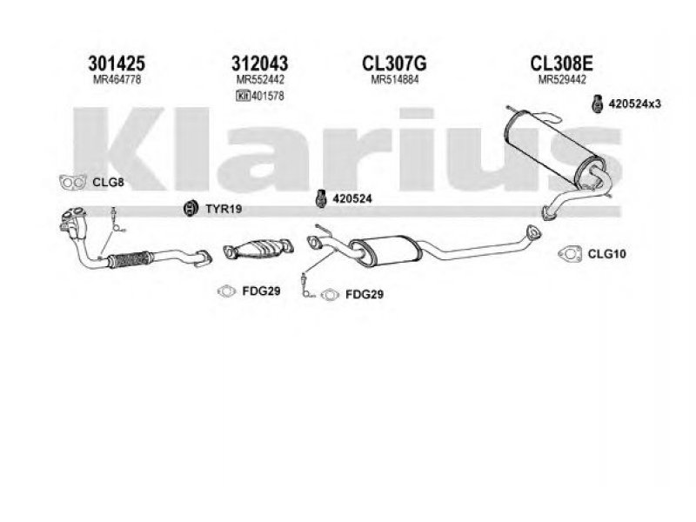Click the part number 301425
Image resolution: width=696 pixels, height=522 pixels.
117,64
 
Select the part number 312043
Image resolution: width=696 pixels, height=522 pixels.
259,64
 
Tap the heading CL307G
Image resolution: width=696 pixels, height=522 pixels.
394,64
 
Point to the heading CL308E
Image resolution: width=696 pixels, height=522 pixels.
561,64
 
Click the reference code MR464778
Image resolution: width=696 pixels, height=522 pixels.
117,80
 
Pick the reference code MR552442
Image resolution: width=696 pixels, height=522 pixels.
260,80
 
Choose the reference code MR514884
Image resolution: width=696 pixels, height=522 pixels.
395,80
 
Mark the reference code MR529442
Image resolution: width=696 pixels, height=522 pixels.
562,80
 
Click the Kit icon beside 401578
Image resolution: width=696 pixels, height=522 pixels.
244,96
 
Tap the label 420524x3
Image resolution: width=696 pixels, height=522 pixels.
635,104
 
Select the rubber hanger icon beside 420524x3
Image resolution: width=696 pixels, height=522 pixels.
598,104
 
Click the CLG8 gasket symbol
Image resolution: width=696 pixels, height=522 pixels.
73,182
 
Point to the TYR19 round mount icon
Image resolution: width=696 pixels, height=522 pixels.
191,208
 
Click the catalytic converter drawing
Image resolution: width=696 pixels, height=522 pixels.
258,250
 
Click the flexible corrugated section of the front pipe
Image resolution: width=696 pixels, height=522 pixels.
129,259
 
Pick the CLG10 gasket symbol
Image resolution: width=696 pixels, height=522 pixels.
570,253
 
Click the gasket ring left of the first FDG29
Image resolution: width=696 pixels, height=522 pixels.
227,291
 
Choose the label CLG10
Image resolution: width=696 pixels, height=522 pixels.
606,254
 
